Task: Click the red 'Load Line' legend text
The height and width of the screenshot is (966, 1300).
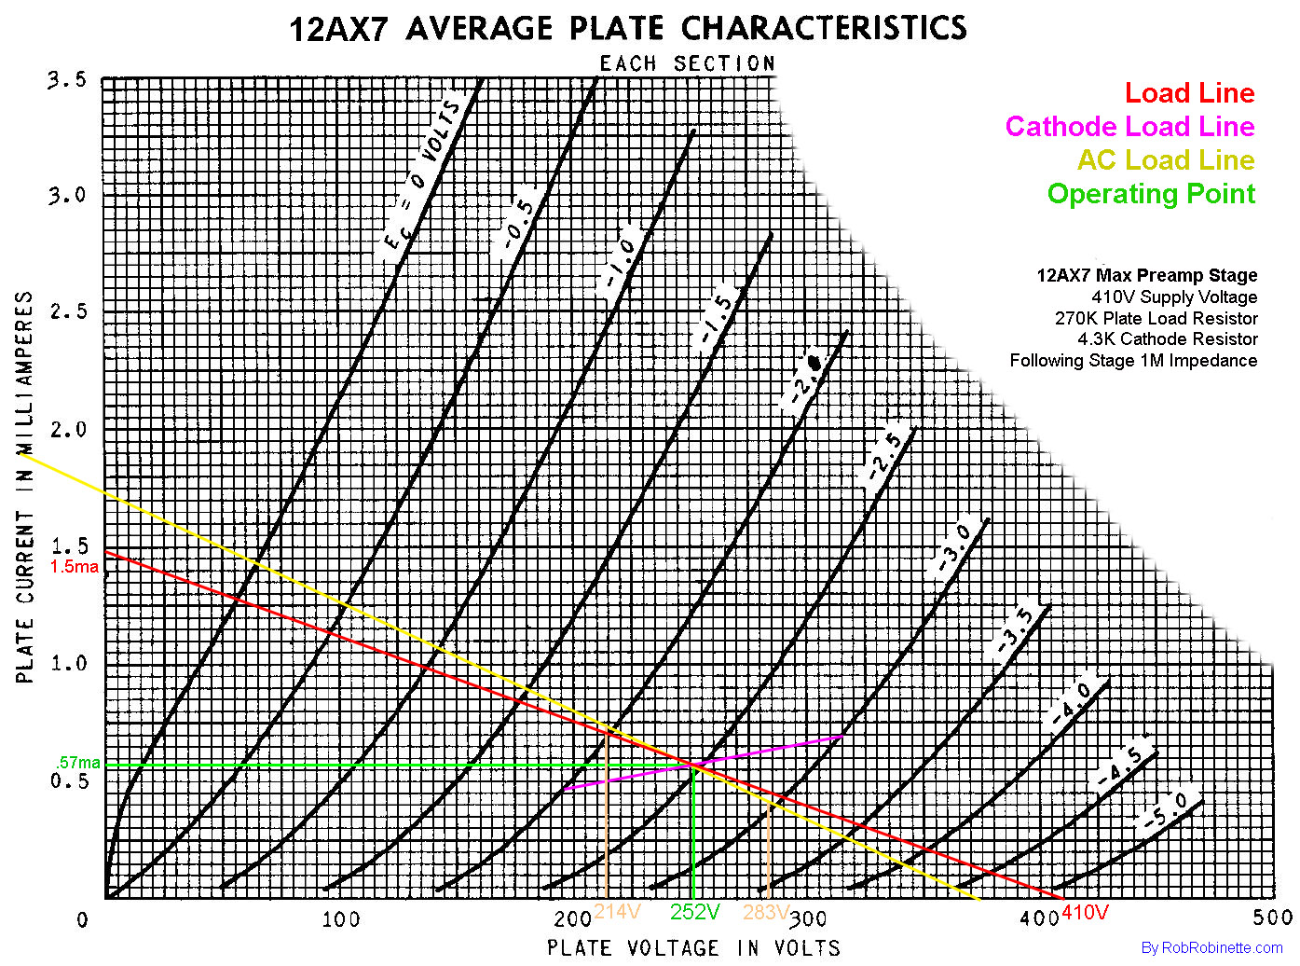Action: coord(1189,93)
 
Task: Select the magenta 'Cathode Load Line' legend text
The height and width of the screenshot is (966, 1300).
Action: coord(1129,127)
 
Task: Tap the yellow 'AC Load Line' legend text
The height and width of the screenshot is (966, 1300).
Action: coord(1166,160)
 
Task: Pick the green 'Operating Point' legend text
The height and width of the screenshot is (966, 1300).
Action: coord(1151,194)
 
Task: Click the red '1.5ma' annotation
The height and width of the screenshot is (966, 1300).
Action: coord(75,567)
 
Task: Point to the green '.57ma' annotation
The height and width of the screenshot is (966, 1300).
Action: coord(78,764)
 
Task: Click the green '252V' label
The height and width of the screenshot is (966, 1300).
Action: coord(695,912)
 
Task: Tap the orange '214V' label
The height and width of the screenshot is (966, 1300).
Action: coord(617,911)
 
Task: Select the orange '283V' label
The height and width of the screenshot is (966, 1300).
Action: coord(765,912)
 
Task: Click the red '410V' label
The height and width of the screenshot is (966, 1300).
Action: coord(1085,912)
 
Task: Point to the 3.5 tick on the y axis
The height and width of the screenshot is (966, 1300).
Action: coord(67,80)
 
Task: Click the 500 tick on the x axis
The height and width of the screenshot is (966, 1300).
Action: coord(1272,918)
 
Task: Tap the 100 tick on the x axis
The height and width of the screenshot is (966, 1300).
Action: coord(341,920)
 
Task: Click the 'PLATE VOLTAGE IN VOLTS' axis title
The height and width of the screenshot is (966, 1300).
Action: coord(693,948)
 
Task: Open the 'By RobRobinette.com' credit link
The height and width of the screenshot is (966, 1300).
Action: coord(1211,948)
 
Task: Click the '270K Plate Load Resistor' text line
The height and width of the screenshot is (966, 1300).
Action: coord(1156,319)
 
